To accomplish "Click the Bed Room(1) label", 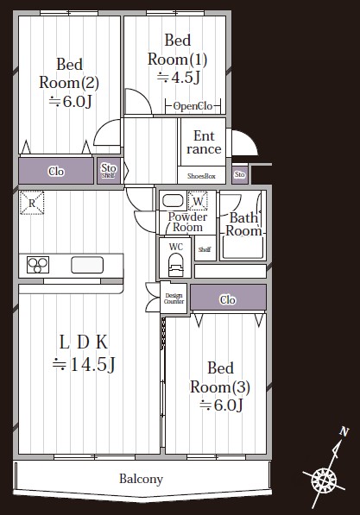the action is coord(178,60).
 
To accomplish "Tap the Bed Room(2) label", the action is coord(69,83).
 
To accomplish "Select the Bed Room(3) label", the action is coord(220,386).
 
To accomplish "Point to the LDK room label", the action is coord(84,354).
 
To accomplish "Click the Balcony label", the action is coord(141,479).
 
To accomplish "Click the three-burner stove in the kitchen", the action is coord(38,265).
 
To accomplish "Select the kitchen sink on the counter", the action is coord(87,265).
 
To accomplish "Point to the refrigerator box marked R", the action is coord(32,203).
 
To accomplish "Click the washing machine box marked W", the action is coord(198,201).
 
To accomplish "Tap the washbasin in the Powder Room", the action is coord(173,201).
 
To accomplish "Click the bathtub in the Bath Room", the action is coord(243,248).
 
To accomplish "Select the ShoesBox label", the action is coord(201,176).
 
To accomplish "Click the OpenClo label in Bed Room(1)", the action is coord(193,106).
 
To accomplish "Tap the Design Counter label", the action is coord(174,298).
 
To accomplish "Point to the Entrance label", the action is coord(204,142).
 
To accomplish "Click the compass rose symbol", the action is coord(324,480).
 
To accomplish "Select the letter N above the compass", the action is coord(344,431).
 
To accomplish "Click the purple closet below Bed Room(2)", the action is coord(56,171).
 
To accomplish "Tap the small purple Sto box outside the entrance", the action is coord(240,174).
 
